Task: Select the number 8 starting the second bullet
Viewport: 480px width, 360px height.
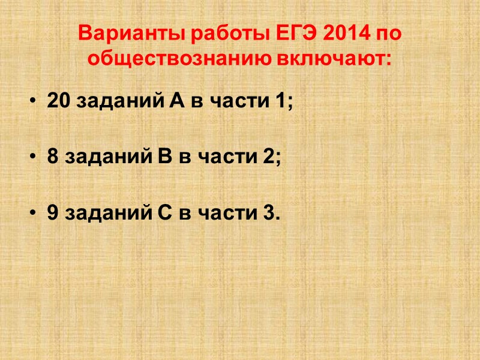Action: click(52, 157)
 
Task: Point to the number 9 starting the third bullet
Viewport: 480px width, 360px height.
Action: click(52, 213)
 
